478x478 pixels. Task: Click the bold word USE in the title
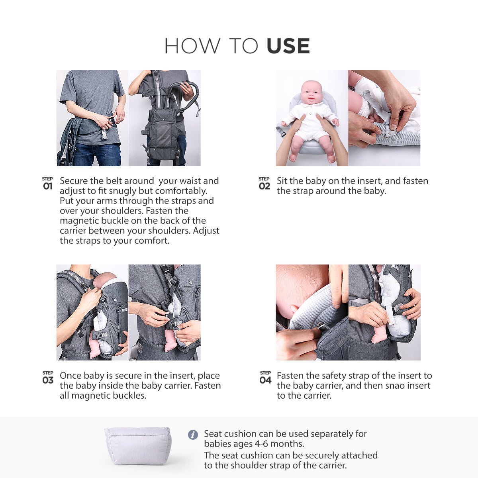pyautogui.click(x=288, y=46)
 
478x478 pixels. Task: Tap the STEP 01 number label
pyautogui.click(x=47, y=184)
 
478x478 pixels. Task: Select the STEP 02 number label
pyautogui.click(x=264, y=184)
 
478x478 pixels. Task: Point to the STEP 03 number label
pyautogui.click(x=47, y=378)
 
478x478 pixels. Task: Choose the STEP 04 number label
pyautogui.click(x=265, y=378)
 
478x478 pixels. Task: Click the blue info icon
pyautogui.click(x=193, y=435)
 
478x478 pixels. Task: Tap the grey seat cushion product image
pyautogui.click(x=138, y=446)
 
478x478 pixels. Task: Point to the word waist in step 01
pyautogui.click(x=189, y=181)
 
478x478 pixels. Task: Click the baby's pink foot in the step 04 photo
pyautogui.click(x=378, y=337)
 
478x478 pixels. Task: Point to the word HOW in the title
pyautogui.click(x=192, y=46)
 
